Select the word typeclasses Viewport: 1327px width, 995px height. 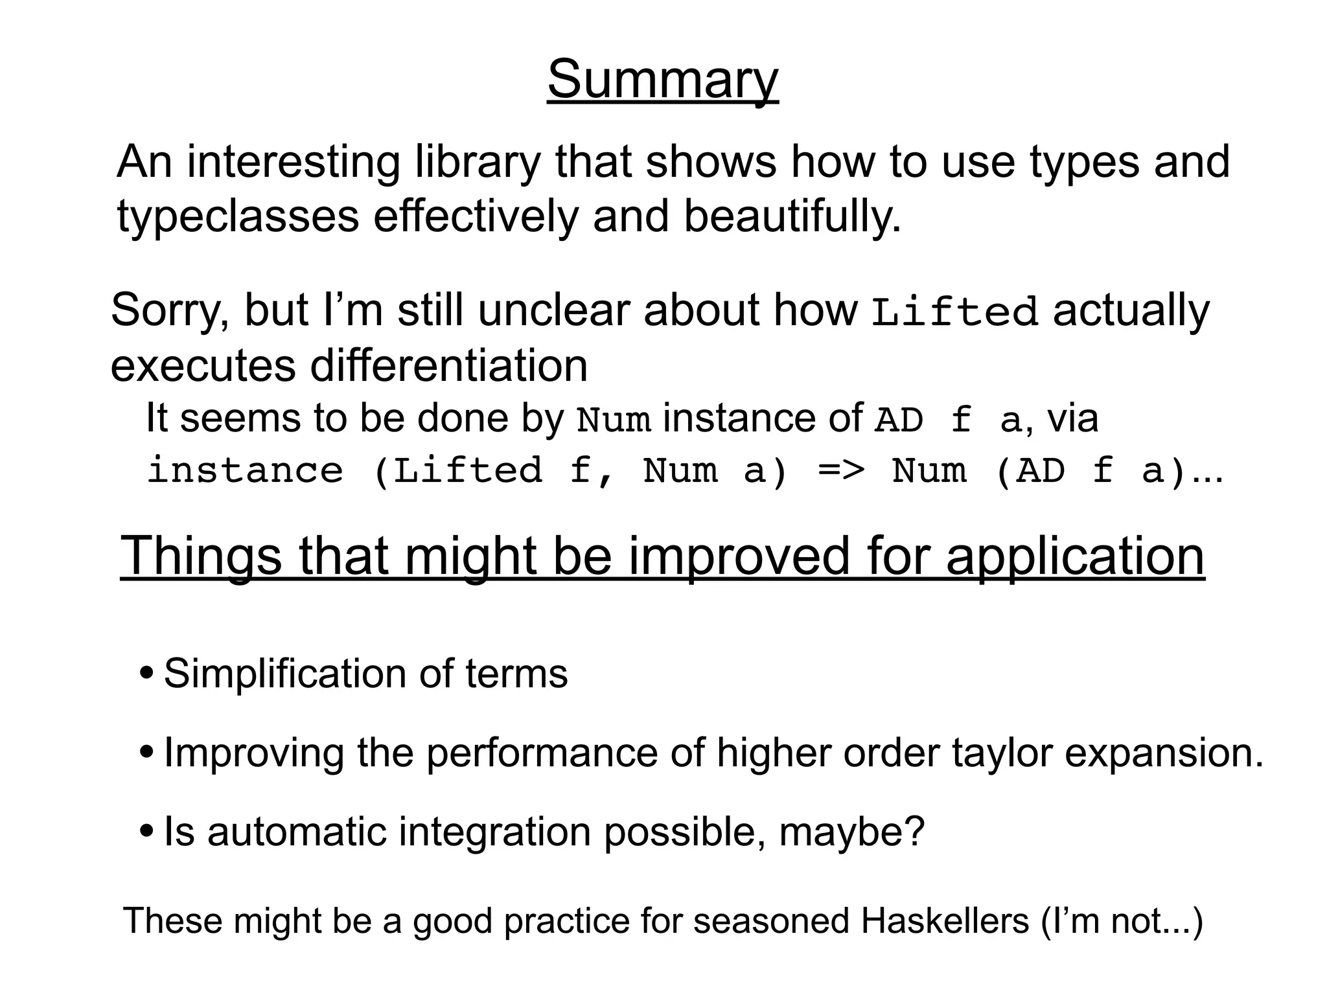238,216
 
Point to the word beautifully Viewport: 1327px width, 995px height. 792,216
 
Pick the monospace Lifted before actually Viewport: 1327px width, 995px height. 954,312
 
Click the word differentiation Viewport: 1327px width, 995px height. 448,365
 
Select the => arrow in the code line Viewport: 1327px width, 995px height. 841,470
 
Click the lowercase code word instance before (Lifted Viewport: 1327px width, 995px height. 245,470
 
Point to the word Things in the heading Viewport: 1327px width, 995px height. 202,556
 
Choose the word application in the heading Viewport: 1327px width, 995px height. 1075,556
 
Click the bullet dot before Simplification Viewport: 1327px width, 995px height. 147,673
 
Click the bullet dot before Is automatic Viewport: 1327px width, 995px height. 147,832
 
